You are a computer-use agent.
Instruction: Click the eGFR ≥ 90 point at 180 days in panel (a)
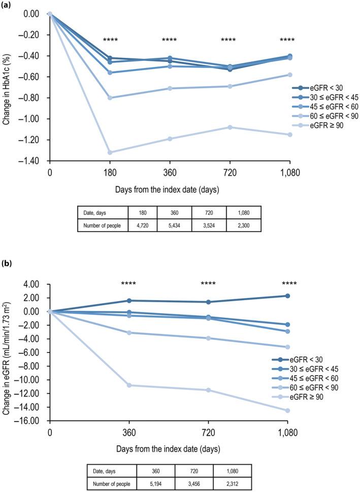click(x=110, y=152)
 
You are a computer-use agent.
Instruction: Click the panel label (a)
click(x=7, y=5)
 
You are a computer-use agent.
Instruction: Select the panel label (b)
click(x=7, y=264)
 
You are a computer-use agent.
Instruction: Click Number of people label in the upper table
click(x=103, y=225)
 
